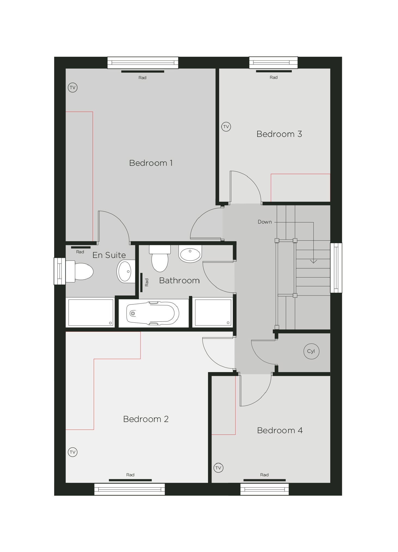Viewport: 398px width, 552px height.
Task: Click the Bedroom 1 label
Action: (x=151, y=163)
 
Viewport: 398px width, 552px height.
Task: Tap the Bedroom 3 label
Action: (x=279, y=134)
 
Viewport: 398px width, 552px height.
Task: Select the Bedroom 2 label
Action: (x=146, y=419)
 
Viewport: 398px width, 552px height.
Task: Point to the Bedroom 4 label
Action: (x=280, y=430)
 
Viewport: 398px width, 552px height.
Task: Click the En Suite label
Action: (x=109, y=255)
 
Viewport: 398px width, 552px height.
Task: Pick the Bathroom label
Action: (x=179, y=280)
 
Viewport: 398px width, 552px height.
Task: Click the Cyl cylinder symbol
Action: (x=311, y=351)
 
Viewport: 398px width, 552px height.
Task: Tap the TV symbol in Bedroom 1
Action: (x=72, y=88)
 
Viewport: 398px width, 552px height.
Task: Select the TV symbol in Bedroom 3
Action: (x=226, y=127)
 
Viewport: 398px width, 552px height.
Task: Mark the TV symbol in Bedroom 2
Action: (x=72, y=452)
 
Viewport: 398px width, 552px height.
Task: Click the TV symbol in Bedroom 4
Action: (x=218, y=468)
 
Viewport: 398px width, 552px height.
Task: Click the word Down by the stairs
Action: (x=265, y=222)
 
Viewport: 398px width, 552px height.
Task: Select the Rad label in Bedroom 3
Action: (x=274, y=77)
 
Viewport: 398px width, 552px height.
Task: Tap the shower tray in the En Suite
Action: (x=91, y=312)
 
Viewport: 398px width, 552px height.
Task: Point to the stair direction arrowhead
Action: (x=313, y=261)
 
